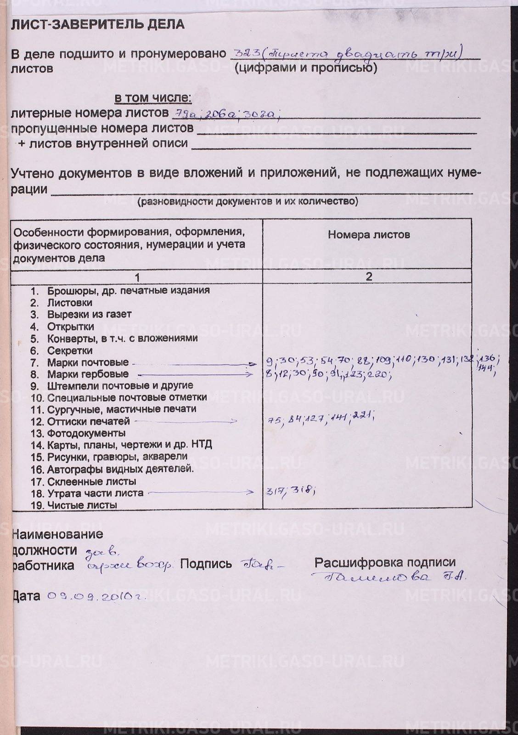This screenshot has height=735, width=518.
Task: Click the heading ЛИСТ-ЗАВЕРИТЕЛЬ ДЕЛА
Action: tap(97, 24)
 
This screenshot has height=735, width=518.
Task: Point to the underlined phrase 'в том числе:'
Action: tap(153, 97)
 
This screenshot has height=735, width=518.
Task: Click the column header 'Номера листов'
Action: tap(369, 235)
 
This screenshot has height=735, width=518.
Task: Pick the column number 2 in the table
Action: tap(369, 277)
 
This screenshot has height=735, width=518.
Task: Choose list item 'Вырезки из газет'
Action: tap(89, 315)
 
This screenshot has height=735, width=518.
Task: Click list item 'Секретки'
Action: tap(70, 351)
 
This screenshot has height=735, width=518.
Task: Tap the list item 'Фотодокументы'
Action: tap(86, 433)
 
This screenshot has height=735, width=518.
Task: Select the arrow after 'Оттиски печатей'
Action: tap(186, 421)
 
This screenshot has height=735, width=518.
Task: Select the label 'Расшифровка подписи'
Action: tap(385, 562)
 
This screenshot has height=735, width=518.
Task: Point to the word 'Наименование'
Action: tap(57, 534)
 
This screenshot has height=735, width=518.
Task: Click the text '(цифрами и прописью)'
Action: tap(305, 68)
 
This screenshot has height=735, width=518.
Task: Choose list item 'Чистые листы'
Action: tap(82, 505)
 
